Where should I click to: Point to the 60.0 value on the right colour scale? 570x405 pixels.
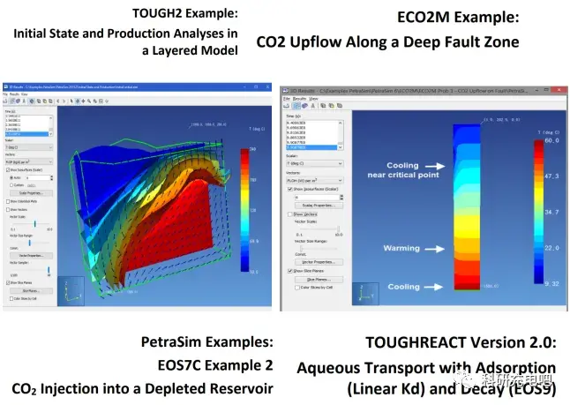[551, 141]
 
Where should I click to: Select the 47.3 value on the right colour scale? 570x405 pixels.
[551, 176]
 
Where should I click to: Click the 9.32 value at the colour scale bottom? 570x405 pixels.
[551, 283]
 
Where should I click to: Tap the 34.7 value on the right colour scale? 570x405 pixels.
[551, 213]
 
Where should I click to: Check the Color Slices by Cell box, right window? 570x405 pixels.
[292, 287]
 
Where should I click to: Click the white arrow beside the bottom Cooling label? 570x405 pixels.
[436, 287]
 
